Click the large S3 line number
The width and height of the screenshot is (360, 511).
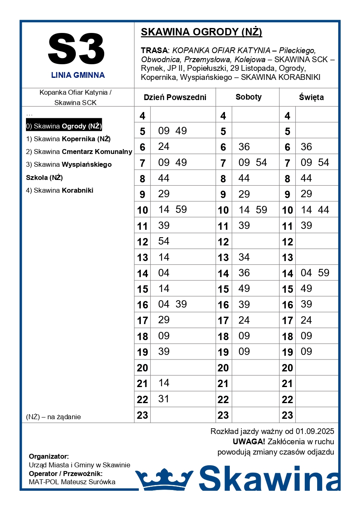(77, 50)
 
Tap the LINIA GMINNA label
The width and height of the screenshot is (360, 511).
(78, 75)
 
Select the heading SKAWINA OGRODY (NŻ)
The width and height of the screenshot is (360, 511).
(201, 32)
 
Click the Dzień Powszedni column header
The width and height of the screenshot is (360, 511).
(175, 98)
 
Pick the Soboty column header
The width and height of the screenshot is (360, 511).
(248, 97)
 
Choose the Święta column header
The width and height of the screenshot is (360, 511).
(311, 98)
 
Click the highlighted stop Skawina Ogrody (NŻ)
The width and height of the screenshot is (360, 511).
(64, 126)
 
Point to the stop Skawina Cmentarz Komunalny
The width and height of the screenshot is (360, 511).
(79, 152)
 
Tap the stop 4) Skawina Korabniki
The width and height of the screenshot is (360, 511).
(60, 190)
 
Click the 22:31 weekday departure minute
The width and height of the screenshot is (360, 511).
(164, 399)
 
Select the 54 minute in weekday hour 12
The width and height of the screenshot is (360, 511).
(164, 241)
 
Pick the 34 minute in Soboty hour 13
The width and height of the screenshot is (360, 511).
(244, 257)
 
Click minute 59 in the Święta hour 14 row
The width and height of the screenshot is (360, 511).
(323, 273)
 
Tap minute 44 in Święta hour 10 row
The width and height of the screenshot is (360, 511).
(323, 210)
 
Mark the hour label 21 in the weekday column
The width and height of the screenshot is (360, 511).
(143, 384)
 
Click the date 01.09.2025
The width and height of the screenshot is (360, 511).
(315, 432)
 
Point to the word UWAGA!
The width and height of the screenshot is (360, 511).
(249, 442)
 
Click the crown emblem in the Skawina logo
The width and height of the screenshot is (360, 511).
(164, 479)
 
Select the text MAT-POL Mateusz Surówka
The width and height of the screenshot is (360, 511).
(72, 482)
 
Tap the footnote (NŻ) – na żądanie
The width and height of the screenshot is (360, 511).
(54, 417)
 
